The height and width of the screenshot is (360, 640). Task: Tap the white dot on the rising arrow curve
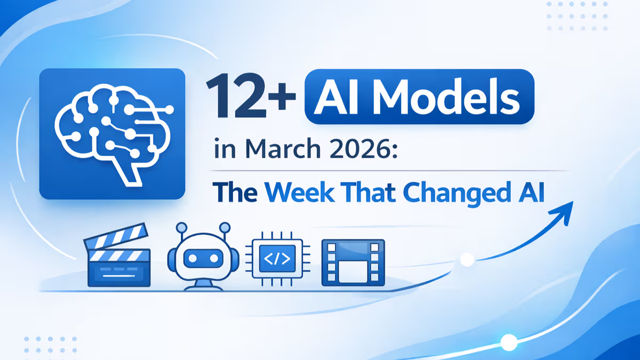467,260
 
